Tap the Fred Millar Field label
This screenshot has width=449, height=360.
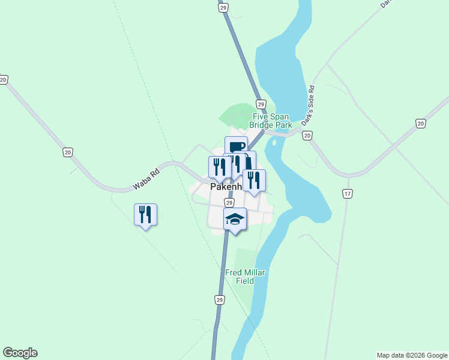point(245,277)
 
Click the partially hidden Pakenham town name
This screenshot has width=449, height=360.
point(226,187)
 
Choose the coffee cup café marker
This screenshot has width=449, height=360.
point(237,147)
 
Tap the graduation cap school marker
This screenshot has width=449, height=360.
point(235,220)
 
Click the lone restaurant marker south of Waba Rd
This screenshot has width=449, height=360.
point(145,214)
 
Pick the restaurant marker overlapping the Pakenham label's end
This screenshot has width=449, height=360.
point(254,180)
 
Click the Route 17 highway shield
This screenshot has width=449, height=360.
point(347,194)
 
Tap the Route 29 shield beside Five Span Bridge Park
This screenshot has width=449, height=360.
point(261,104)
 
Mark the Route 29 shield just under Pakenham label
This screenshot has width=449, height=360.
point(229,203)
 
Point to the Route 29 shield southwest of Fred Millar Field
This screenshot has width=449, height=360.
point(220,299)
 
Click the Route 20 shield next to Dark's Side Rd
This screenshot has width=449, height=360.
point(307,136)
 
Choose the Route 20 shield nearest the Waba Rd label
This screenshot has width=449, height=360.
point(67,152)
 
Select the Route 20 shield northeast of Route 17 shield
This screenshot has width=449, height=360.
point(420,124)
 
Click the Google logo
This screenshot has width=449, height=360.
point(20,353)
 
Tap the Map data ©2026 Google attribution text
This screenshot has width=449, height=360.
point(412,355)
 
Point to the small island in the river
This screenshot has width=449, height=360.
point(274,143)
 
